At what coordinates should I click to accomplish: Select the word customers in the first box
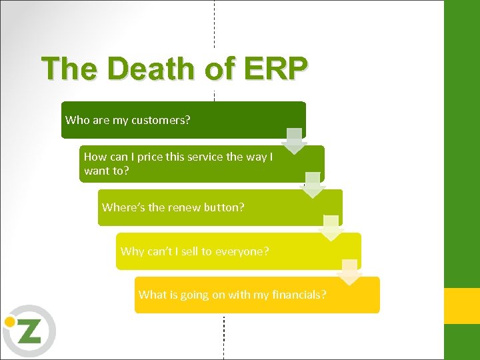pyautogui.click(x=161, y=121)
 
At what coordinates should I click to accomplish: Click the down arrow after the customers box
pyautogui.click(x=293, y=141)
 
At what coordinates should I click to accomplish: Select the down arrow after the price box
pyautogui.click(x=312, y=185)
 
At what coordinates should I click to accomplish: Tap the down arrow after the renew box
pyautogui.click(x=331, y=229)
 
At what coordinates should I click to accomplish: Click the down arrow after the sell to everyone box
pyautogui.click(x=349, y=273)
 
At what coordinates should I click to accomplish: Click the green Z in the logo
pyautogui.click(x=30, y=331)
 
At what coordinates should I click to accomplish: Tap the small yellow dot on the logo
pyautogui.click(x=9, y=321)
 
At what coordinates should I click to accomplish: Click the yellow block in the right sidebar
pyautogui.click(x=461, y=306)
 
